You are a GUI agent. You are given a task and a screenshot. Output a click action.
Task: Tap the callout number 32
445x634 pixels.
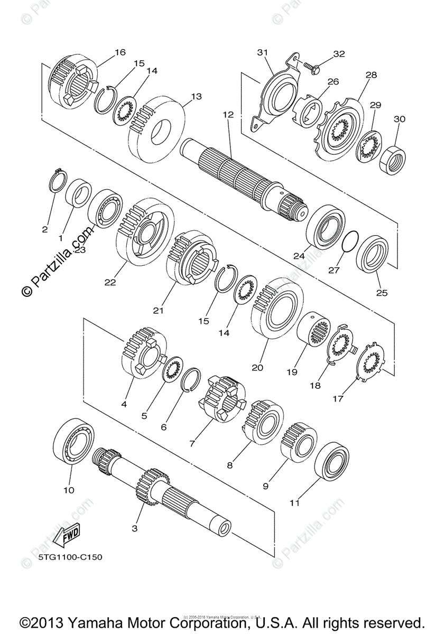(338, 54)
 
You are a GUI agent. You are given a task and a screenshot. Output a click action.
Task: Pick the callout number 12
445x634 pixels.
(228, 115)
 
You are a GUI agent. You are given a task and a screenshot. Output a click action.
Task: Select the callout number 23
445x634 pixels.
(79, 250)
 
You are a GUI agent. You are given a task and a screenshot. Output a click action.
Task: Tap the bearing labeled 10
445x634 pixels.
(75, 442)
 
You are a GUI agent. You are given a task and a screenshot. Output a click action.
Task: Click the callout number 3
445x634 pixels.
(134, 528)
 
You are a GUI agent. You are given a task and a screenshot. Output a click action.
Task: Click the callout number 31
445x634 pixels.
(263, 52)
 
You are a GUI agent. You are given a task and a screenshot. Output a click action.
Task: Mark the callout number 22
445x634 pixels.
(109, 282)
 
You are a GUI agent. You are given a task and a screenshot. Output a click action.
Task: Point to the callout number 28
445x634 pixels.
(371, 75)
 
